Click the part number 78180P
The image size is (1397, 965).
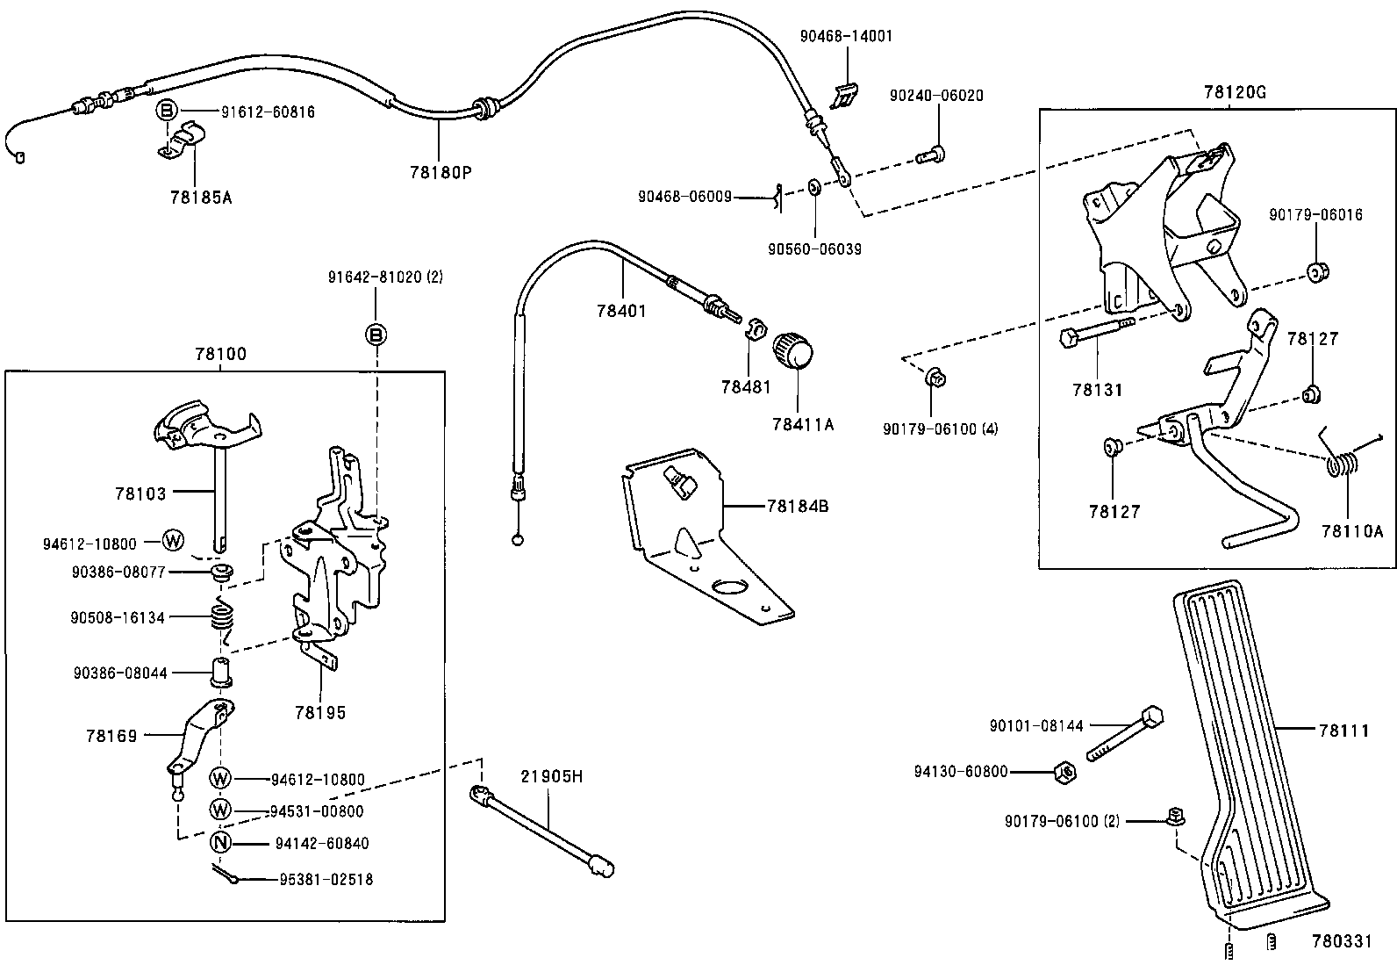(x=441, y=171)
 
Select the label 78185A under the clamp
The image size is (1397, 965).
(x=201, y=197)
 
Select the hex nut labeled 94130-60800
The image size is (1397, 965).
(x=1064, y=773)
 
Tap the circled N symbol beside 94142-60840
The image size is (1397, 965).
(x=220, y=843)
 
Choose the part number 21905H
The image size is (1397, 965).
(x=552, y=776)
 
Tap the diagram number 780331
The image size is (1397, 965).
(x=1341, y=940)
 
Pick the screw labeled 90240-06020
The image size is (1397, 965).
(x=930, y=155)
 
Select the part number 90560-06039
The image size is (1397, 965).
(x=814, y=249)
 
